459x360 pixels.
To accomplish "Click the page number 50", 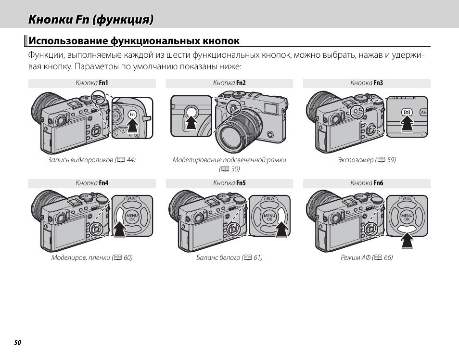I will pos(17,343).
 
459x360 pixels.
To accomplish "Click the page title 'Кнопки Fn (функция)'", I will pos(91,20).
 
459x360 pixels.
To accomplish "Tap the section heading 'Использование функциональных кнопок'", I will pos(134,41).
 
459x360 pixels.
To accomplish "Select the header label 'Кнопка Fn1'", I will pos(92,83).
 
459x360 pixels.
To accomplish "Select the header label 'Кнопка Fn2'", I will pos(229,83).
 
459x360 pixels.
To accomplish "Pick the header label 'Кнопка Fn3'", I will pos(367,83).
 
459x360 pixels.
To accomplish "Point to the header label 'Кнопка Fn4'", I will pos(92,183).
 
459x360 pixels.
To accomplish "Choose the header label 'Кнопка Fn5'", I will pos(229,183).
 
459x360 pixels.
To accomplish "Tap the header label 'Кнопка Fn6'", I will pos(367,183).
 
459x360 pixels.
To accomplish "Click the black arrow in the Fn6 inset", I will pos(407,239).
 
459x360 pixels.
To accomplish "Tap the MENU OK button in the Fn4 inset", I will pos(132,218).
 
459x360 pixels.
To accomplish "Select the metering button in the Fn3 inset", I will pos(407,112).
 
